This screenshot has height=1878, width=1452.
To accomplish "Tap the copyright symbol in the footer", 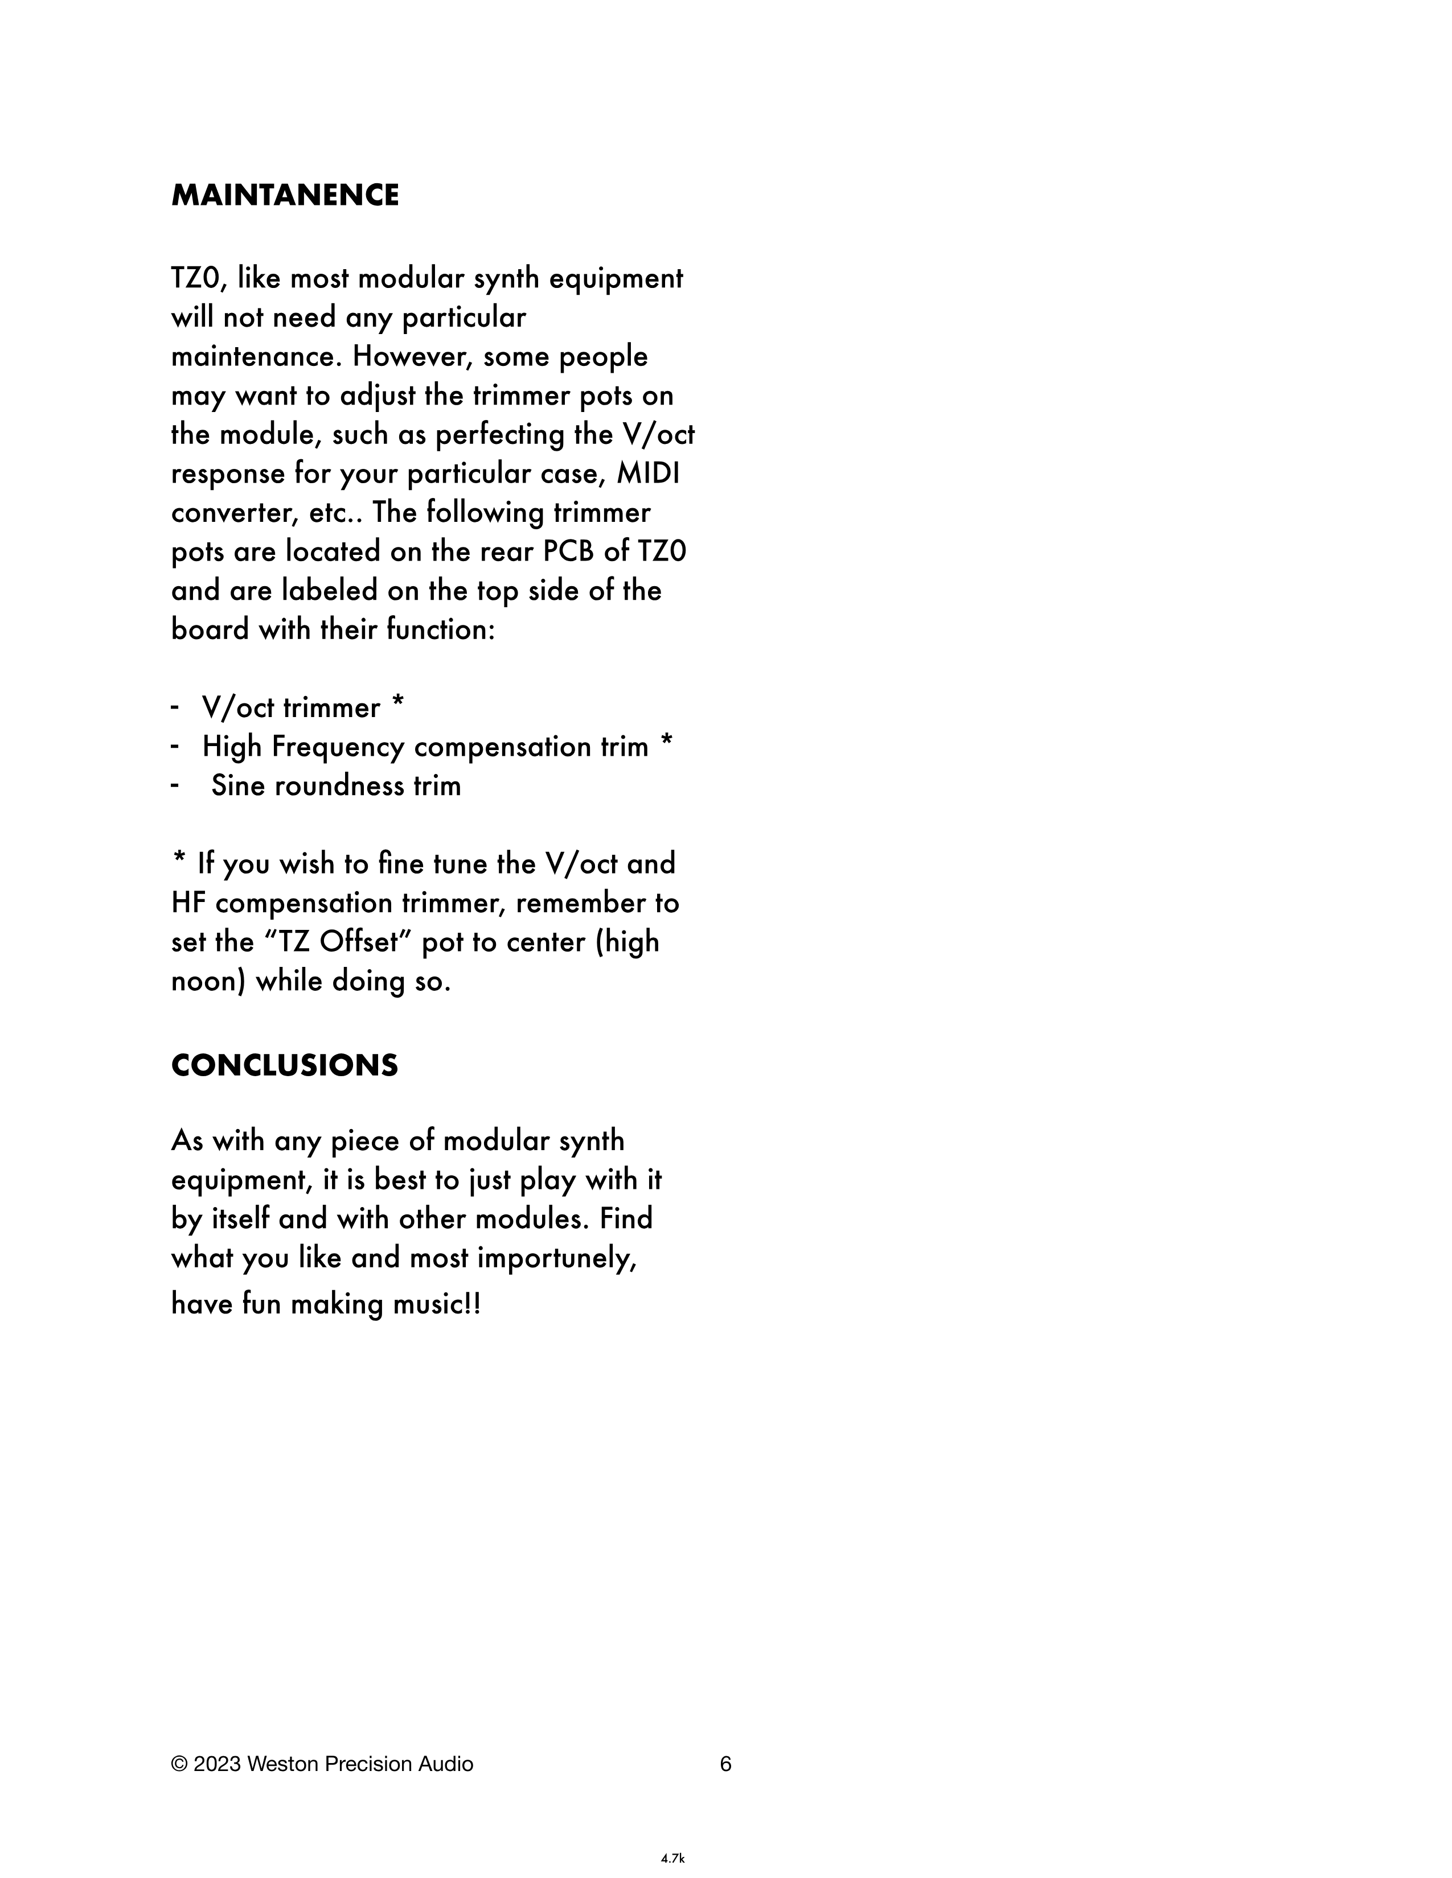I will click(x=179, y=1765).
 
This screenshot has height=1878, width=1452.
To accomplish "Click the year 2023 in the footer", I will click(x=217, y=1765).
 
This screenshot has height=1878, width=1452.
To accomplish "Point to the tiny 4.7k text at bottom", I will click(x=672, y=1859).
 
